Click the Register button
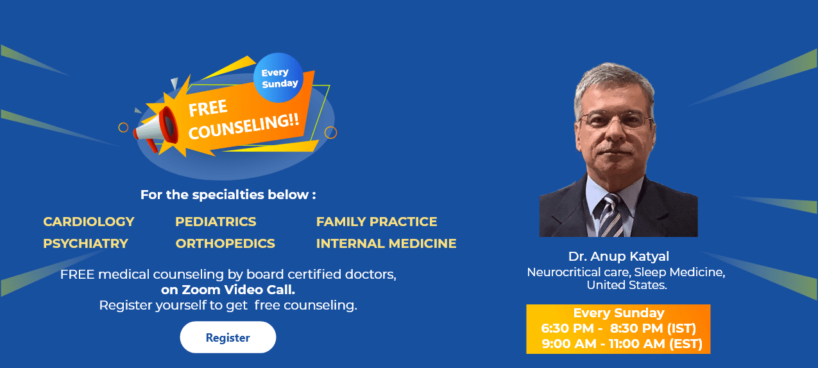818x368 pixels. click(228, 337)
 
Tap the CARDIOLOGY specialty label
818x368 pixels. click(89, 222)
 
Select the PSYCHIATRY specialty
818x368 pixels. click(85, 243)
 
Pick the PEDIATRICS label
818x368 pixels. click(216, 222)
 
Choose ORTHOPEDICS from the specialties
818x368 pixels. click(225, 243)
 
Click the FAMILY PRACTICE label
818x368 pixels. click(377, 222)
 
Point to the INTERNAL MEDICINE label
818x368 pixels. click(386, 243)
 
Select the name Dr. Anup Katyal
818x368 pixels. click(618, 257)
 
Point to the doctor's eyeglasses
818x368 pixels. click(616, 119)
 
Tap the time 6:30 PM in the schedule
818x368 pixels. click(567, 329)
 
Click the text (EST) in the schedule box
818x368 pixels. click(686, 344)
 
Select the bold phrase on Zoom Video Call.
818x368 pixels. click(228, 290)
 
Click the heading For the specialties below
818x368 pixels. click(228, 195)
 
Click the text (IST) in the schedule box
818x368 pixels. click(681, 329)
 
